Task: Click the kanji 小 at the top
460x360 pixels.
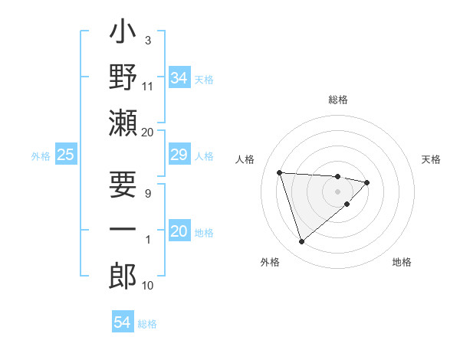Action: [123, 35]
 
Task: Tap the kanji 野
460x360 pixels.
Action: [123, 77]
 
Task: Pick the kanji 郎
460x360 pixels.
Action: [123, 274]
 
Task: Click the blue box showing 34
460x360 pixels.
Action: [179, 78]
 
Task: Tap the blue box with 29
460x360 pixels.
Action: [179, 155]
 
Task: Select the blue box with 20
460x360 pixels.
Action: [179, 232]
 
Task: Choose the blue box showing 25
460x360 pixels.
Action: [65, 155]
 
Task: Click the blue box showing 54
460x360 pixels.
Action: [122, 323]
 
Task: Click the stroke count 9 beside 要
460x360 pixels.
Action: [147, 194]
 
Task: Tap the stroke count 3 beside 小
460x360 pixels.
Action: [147, 41]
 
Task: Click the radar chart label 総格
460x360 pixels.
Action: [338, 100]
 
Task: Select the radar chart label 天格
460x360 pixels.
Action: [431, 159]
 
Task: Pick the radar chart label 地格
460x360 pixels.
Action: [402, 263]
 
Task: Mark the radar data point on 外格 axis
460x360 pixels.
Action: [302, 242]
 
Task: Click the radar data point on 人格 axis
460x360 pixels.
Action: [280, 172]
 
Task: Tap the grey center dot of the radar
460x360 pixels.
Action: [338, 191]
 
